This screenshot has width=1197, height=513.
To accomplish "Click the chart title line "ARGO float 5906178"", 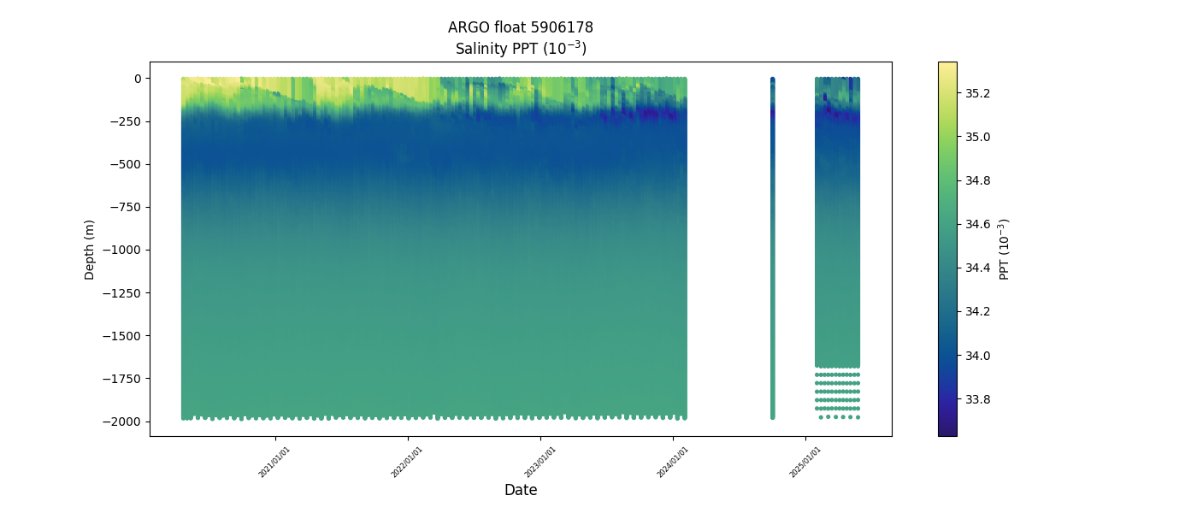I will point(520,27).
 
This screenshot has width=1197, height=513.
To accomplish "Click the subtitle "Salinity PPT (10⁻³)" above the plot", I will point(520,48).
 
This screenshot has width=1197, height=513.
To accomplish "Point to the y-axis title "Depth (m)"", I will point(90,249).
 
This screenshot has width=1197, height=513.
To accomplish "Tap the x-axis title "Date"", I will point(520,490).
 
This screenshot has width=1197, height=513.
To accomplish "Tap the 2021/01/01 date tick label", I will point(274,462).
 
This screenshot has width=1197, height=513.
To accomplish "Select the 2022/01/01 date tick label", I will point(407,462).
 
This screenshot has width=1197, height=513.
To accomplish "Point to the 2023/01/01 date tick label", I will point(540,462).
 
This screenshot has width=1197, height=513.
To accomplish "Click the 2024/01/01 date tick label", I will point(673,462).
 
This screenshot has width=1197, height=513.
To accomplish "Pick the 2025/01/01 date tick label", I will point(805,462).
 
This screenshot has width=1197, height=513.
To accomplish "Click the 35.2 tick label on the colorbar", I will point(977,92).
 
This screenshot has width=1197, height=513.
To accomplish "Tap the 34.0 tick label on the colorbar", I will point(977,356).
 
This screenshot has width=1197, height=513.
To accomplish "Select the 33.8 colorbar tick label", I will point(977,399).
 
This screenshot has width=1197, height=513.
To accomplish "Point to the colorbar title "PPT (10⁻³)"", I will point(1005,249).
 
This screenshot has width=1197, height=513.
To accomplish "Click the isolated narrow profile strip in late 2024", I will point(772,248).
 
